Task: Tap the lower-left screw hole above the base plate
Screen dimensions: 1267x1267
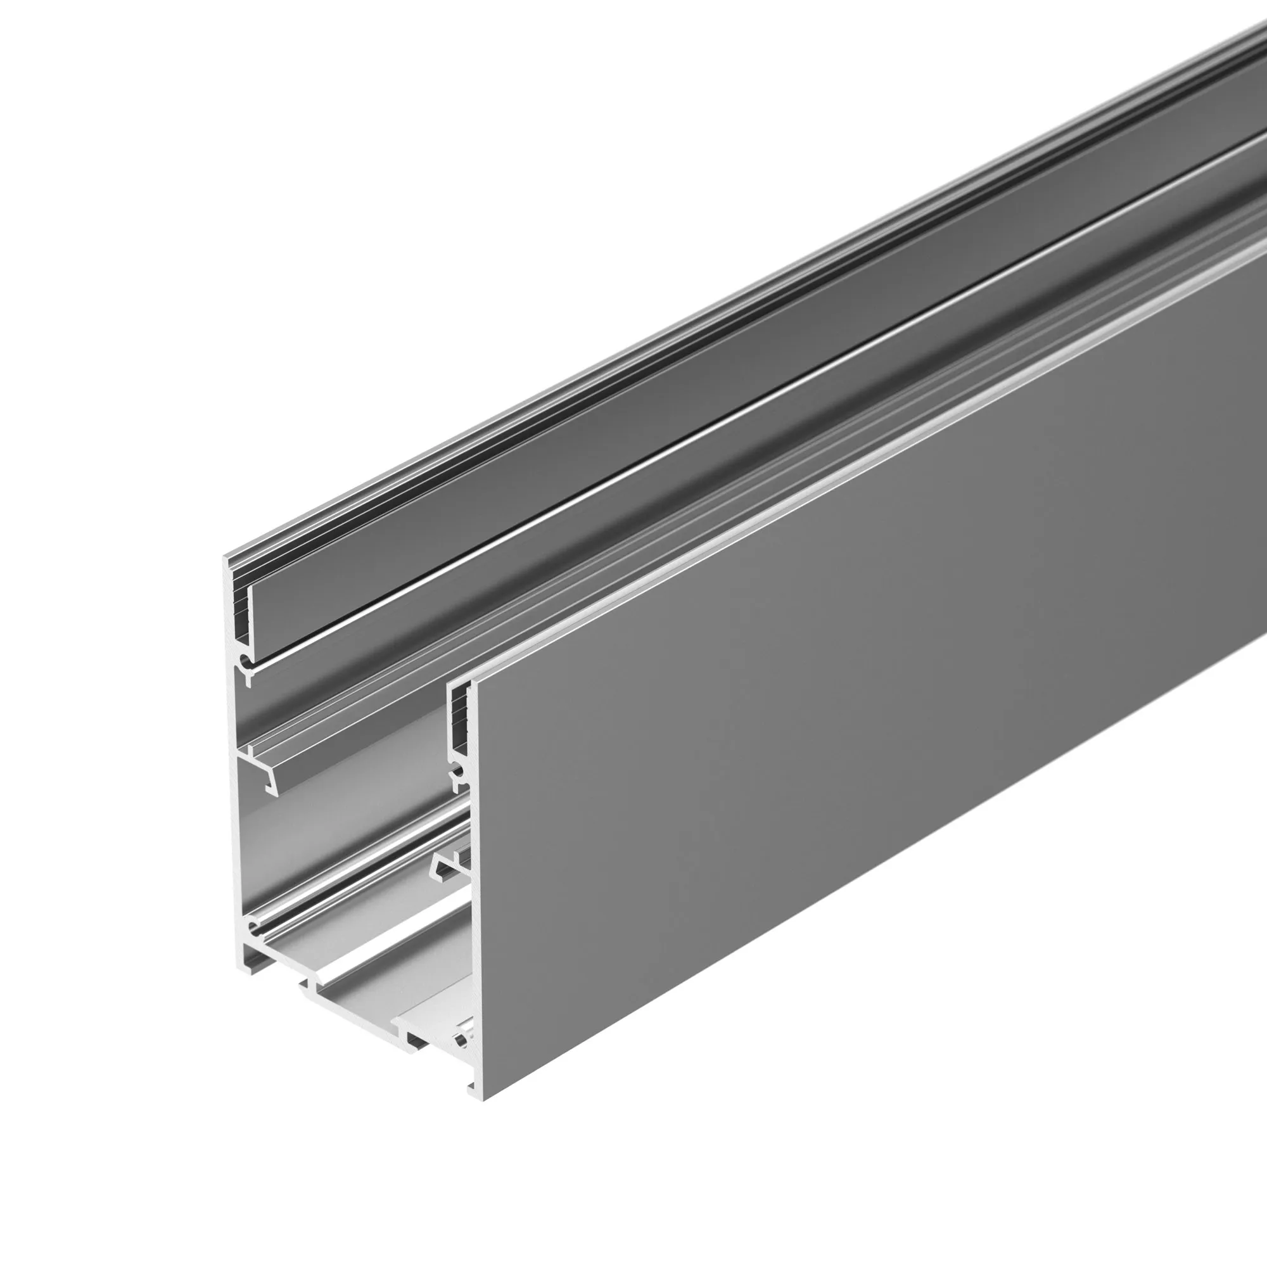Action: (253, 927)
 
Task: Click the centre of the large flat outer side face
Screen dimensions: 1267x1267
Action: (853, 754)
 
